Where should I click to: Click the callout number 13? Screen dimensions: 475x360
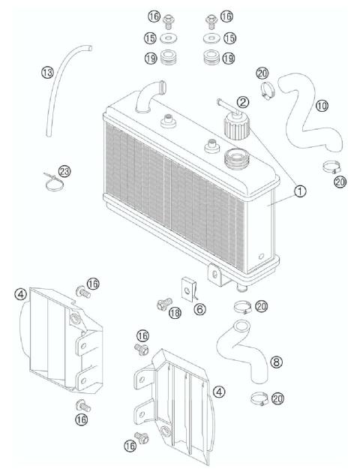[x=47, y=72]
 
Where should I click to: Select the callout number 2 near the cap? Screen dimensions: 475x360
[x=242, y=102]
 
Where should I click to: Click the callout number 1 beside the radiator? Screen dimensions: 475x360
[x=298, y=192]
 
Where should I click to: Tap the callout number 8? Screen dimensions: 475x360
[x=276, y=362]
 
